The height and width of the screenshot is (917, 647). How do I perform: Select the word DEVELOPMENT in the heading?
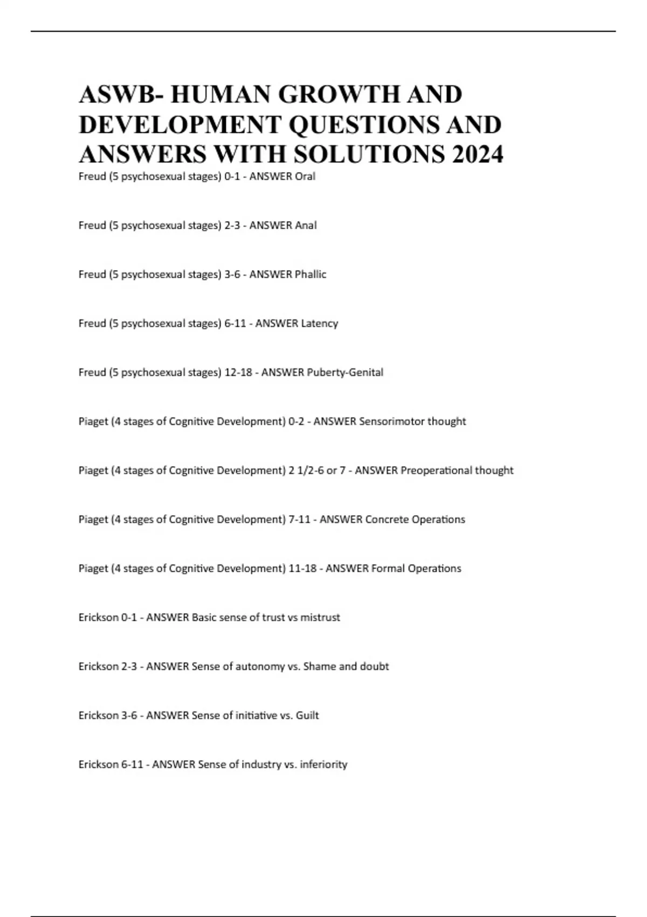pos(180,125)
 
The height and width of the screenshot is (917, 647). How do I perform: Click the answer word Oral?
pos(305,176)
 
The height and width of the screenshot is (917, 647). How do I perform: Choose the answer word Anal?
pos(306,225)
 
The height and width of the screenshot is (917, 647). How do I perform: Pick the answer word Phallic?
pos(311,275)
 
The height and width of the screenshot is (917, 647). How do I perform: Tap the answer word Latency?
pos(319,324)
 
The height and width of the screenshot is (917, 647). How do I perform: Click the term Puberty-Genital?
pos(345,373)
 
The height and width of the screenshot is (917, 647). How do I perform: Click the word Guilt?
pos(307,716)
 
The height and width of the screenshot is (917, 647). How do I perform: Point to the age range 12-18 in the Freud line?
pos(238,373)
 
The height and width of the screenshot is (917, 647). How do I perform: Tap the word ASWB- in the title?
pos(121,94)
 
